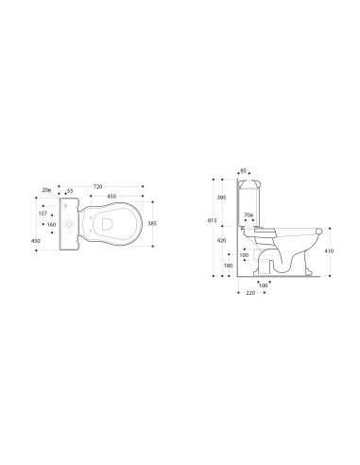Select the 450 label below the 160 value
35,242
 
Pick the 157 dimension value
43,213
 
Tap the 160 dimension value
53,225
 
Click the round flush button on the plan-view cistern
70,224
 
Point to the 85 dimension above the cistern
243,170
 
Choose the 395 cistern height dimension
221,198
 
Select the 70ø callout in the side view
248,216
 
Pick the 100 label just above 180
244,254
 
